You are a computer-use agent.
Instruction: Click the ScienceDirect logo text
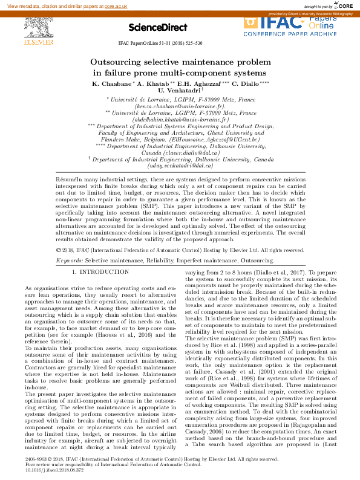pos(151,28)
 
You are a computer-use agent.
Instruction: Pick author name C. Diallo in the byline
pos(247,83)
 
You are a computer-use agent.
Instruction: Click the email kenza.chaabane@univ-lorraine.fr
pos(180,106)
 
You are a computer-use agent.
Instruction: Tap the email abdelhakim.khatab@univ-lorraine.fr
pos(180,120)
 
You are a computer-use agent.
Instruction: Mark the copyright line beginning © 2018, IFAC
pos(180,250)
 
